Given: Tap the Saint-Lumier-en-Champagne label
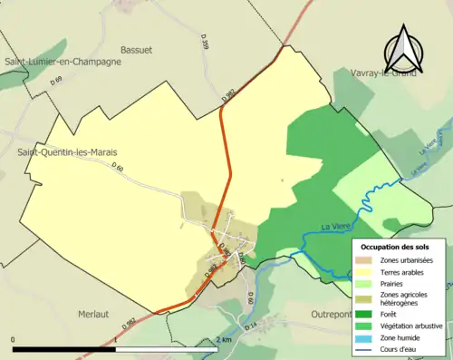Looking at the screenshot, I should [63, 61].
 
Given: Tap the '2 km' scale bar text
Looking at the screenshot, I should [225, 340].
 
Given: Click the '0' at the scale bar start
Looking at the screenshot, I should [14, 340].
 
